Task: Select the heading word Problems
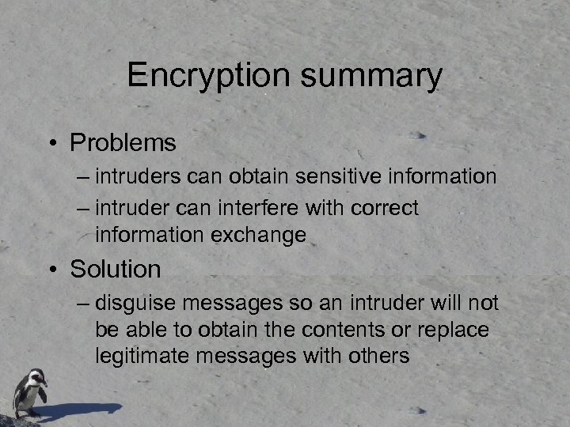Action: click(123, 143)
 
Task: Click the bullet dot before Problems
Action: click(51, 144)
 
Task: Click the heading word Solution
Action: click(116, 270)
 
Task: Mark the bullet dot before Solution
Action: click(51, 270)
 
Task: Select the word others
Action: click(378, 356)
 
